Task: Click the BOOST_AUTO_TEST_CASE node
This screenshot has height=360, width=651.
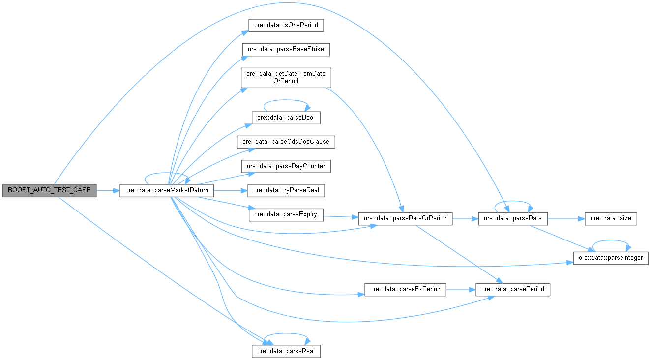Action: click(x=49, y=190)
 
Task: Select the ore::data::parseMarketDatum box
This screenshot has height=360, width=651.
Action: click(x=167, y=190)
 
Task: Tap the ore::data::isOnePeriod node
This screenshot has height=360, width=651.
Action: click(x=286, y=25)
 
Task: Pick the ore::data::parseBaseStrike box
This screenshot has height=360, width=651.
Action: click(x=286, y=50)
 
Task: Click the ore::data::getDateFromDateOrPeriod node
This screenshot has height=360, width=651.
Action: click(x=286, y=78)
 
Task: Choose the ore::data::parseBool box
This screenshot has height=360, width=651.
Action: click(x=286, y=118)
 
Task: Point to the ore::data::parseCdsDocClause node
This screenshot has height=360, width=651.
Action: click(x=286, y=142)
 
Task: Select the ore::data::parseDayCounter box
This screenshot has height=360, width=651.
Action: click(x=286, y=166)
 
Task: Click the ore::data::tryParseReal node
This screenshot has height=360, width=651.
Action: click(x=286, y=190)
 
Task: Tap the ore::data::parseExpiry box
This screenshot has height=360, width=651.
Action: click(x=286, y=214)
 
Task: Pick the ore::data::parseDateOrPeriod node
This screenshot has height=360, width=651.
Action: click(x=405, y=219)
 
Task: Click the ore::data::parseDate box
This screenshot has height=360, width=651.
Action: click(x=513, y=219)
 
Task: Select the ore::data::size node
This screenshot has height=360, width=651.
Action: click(x=611, y=219)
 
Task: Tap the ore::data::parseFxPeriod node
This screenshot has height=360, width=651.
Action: click(x=405, y=289)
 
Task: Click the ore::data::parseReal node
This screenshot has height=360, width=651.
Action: click(x=286, y=351)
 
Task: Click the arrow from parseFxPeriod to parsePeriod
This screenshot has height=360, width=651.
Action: click(x=461, y=289)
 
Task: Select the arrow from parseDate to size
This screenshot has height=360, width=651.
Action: click(x=566, y=219)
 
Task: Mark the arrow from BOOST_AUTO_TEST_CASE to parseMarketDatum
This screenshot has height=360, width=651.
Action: click(x=108, y=190)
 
